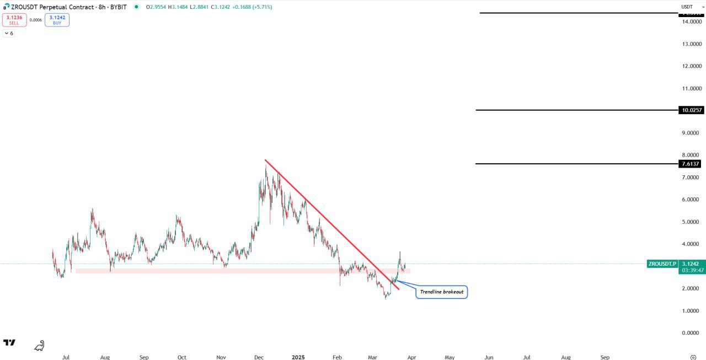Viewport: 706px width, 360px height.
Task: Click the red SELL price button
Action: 14,20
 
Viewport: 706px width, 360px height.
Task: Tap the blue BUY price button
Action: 57,20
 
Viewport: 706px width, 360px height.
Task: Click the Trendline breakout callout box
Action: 441,292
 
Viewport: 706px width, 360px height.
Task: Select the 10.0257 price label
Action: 692,110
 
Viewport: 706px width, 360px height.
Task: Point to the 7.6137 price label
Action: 691,164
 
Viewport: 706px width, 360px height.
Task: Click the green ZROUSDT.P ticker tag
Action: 662,264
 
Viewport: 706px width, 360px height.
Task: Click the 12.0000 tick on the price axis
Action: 692,66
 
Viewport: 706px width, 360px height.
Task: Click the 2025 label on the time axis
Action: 298,357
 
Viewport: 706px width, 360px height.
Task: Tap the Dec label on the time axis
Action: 259,357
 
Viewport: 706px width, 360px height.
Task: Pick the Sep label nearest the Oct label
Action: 144,357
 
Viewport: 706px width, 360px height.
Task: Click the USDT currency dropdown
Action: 690,7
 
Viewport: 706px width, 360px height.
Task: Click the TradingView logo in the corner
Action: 9,343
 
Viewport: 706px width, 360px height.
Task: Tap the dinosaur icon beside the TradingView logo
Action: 39,346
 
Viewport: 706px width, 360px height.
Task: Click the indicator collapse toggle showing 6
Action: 8,34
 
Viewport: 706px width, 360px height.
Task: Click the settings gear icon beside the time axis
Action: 693,357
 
